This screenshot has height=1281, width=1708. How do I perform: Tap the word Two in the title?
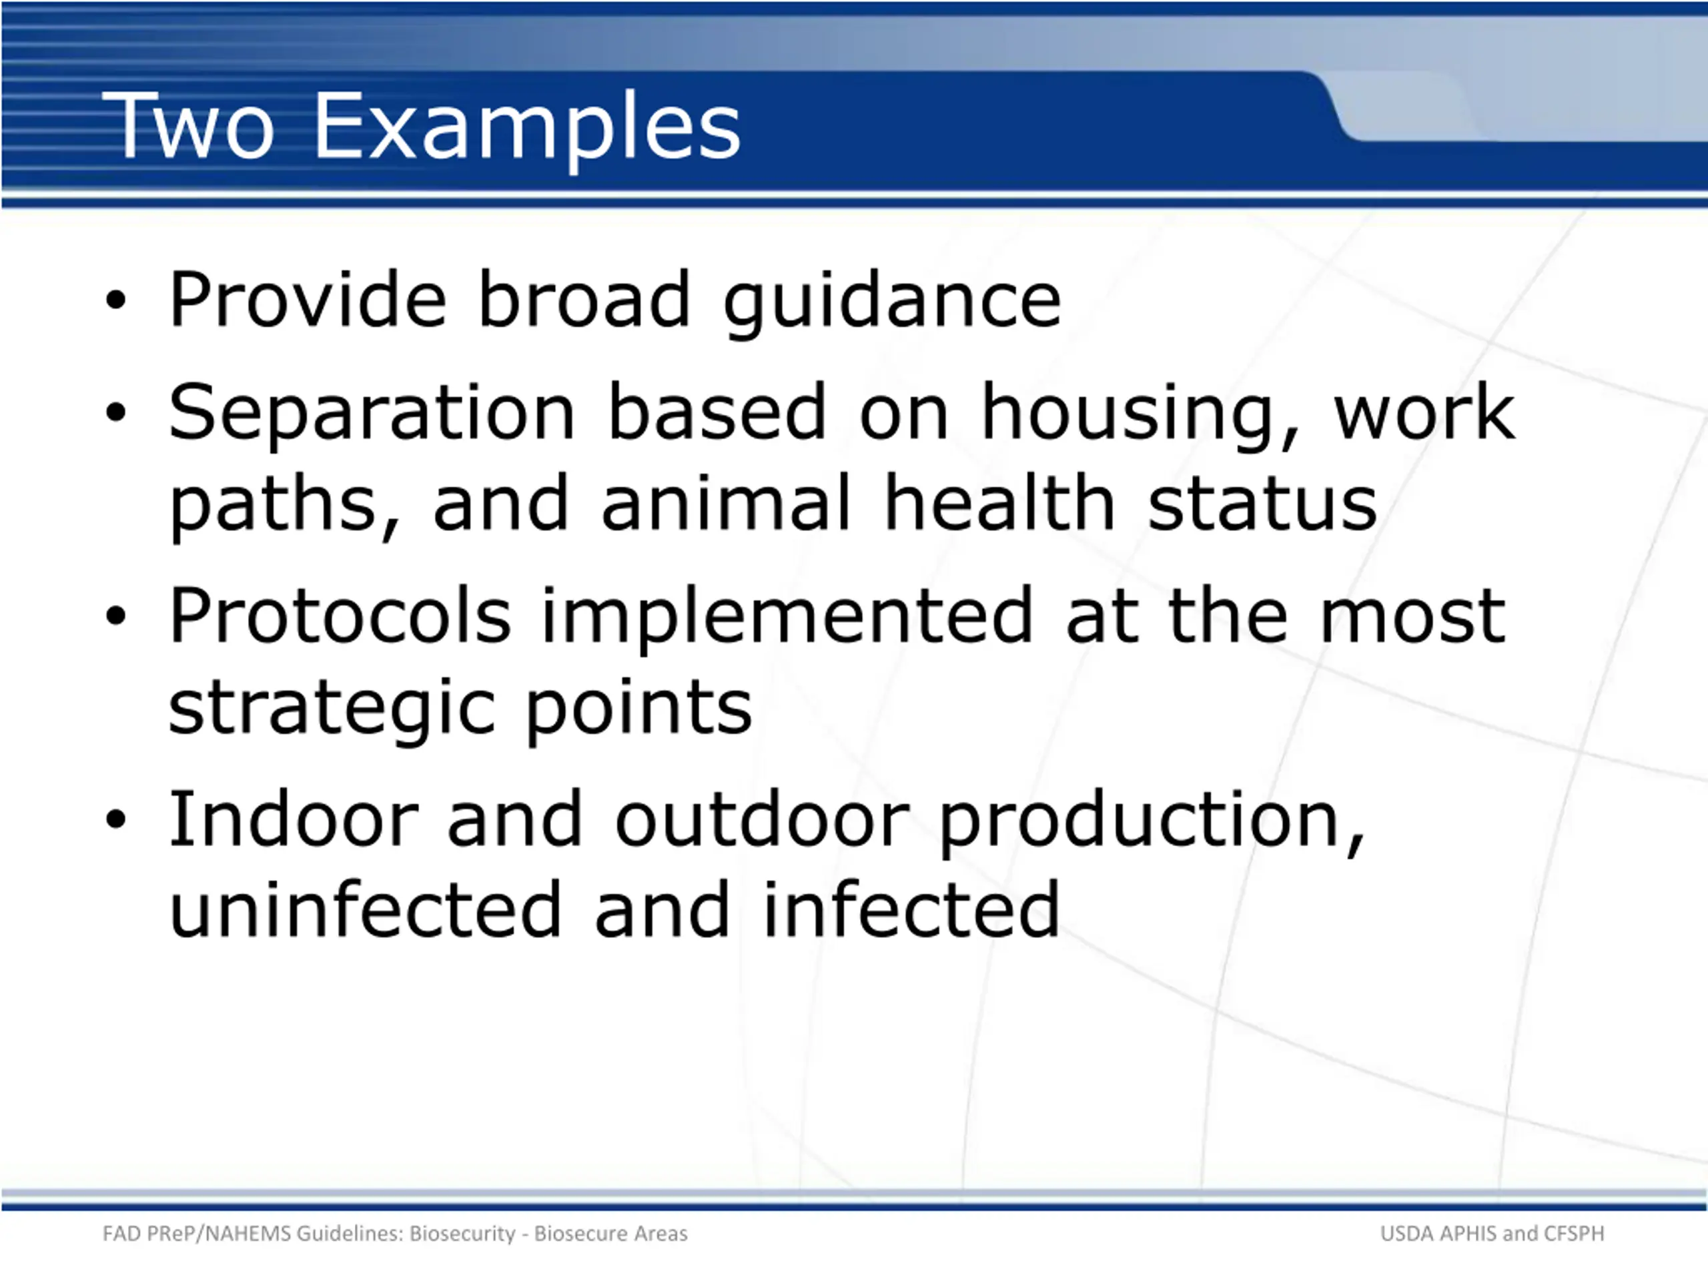point(187,126)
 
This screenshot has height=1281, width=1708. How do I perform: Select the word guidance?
point(893,304)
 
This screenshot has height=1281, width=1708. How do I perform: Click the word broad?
point(584,298)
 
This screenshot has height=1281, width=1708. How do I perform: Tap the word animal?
point(726,502)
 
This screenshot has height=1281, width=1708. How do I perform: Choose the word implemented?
point(786,619)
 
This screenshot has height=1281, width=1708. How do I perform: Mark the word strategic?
point(331,711)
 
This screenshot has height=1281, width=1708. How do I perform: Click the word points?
point(638,711)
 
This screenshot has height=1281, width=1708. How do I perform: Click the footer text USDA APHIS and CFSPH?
point(1492,1233)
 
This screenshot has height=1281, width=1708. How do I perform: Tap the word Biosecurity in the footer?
point(462,1234)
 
